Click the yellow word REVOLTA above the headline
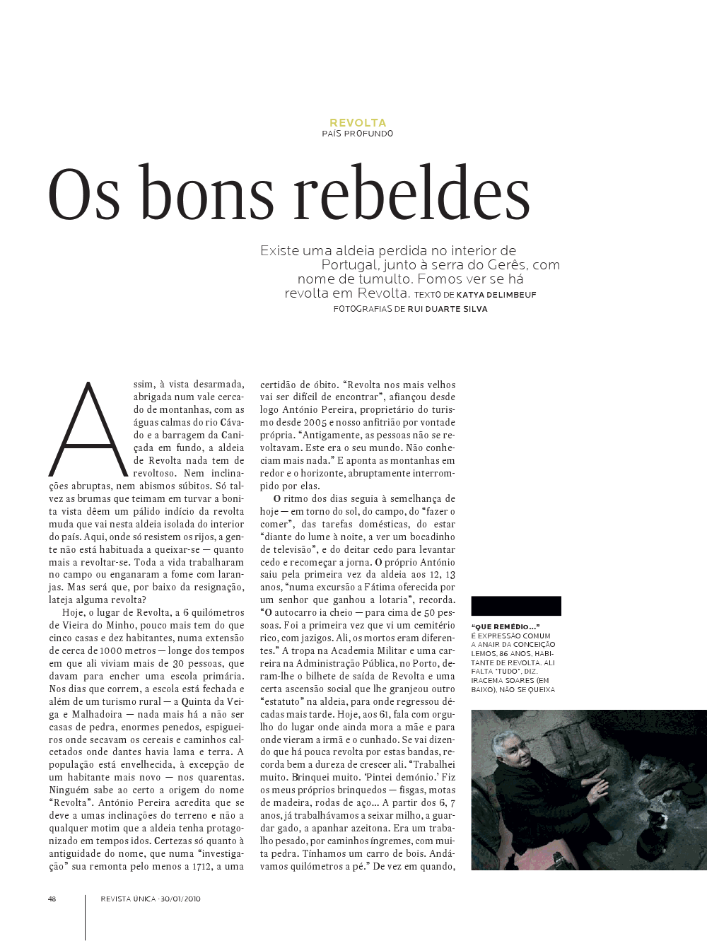coord(358,122)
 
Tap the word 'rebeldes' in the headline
coord(412,194)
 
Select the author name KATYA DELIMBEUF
coord(496,295)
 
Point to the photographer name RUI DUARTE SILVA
coord(448,309)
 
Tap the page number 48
coord(52,899)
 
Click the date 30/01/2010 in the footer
coord(180,899)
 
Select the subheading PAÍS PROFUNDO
coord(358,134)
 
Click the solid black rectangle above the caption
coord(515,606)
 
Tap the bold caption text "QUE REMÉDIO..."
coord(505,626)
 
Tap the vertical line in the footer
coord(85,917)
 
